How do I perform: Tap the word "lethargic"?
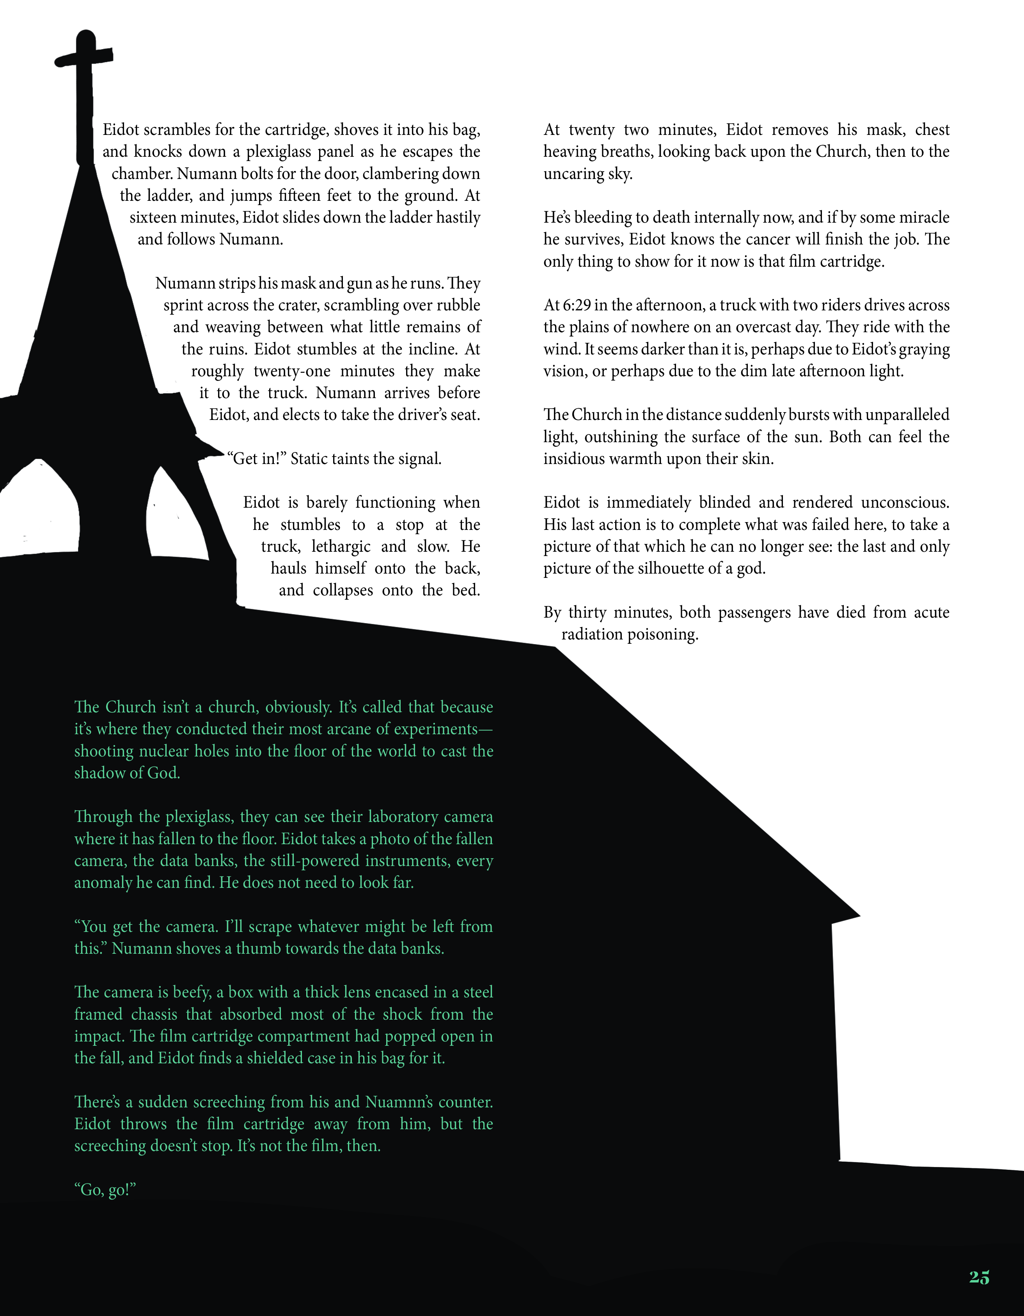[x=341, y=547]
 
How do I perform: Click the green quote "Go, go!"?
[x=105, y=1190]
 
